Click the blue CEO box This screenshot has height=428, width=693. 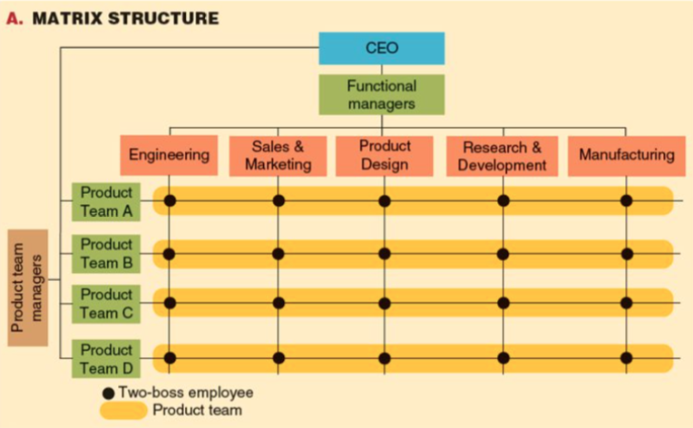coord(382,48)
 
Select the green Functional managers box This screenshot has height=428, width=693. coord(382,94)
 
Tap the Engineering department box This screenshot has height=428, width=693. coord(170,154)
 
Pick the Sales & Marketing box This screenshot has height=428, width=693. coord(278,155)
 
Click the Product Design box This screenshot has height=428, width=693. coord(385,155)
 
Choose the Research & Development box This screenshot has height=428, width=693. coord(502,155)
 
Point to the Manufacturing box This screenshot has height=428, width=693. coord(627,155)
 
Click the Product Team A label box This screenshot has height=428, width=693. coord(106,201)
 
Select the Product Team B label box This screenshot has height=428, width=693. coord(106,253)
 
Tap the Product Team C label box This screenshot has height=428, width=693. coord(106,304)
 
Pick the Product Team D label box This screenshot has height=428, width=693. coord(106,358)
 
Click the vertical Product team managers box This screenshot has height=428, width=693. coord(28,287)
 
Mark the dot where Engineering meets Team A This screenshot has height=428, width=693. coord(170,200)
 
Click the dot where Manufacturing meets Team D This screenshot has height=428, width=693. coord(627,358)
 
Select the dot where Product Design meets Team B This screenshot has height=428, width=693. coord(385,253)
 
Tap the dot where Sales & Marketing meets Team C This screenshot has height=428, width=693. coord(278,303)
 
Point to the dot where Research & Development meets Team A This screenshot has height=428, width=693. coord(502,200)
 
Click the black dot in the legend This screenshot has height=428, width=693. coord(109,394)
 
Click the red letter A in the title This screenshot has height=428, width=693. coord(12,18)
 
